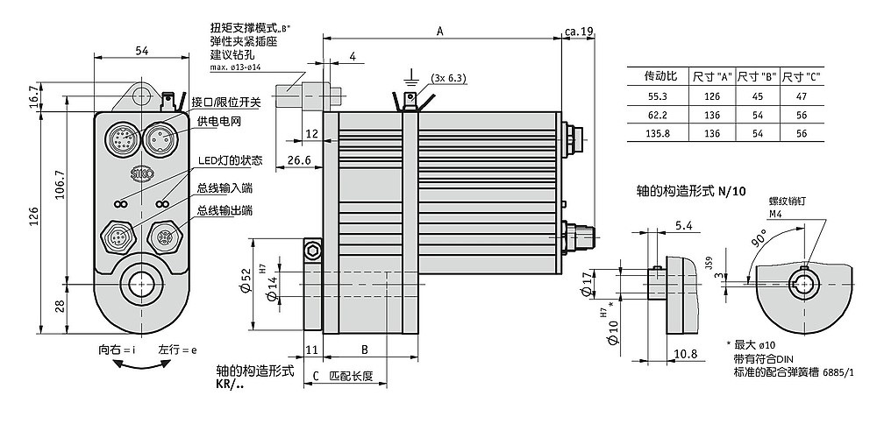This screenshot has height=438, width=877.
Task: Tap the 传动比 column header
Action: (x=658, y=76)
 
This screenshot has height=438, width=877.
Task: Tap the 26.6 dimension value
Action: (x=299, y=160)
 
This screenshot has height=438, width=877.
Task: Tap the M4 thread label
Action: (x=776, y=213)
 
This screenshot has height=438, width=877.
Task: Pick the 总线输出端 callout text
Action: (x=225, y=210)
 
